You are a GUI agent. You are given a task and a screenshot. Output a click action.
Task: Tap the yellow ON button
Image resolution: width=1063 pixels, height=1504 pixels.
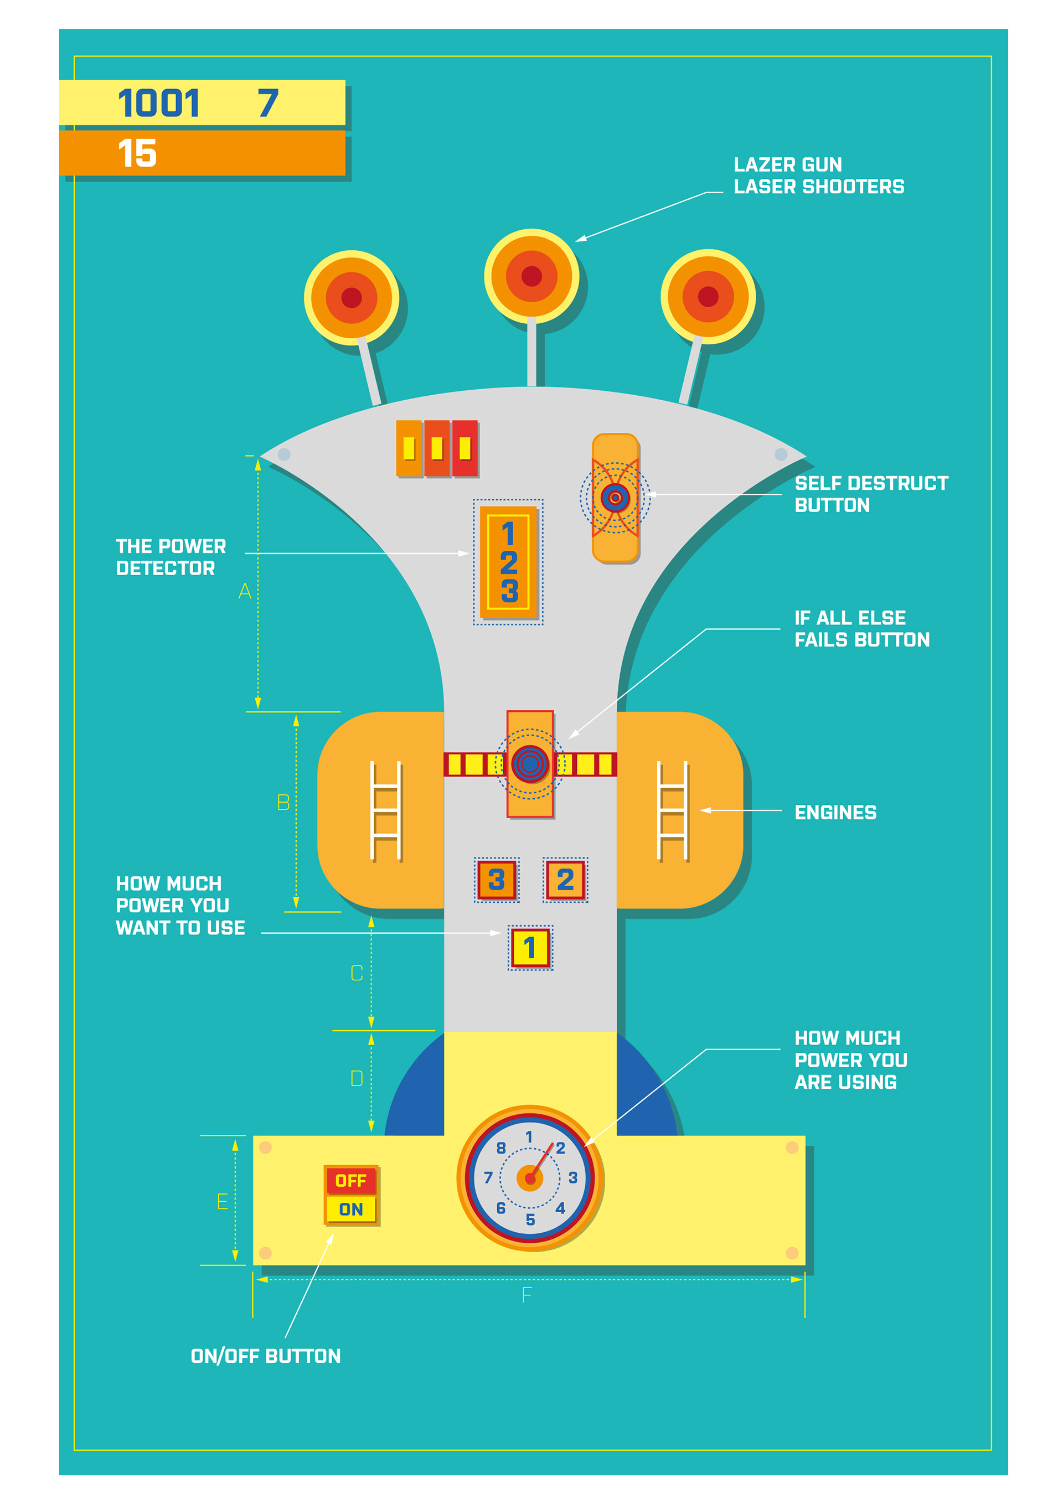coord(350,1209)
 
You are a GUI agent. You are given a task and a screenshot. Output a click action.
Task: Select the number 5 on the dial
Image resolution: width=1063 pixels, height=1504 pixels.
coord(530,1219)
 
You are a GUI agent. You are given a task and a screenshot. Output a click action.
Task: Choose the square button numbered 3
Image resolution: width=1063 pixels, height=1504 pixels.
coord(497,880)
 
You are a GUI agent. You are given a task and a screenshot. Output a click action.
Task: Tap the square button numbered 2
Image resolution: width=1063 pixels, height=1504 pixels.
coord(565,880)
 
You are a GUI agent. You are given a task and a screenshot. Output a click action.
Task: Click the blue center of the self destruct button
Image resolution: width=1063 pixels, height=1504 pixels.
coord(615,498)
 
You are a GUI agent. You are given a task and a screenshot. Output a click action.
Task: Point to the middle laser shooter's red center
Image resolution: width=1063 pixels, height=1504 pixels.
coord(531,276)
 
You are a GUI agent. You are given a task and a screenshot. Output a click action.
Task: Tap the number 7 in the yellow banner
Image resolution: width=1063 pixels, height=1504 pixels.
coord(267,104)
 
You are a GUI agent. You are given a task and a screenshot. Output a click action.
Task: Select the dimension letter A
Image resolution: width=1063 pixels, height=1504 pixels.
coord(245,592)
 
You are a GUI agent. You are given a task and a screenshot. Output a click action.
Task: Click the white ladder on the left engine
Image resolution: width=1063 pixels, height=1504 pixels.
coord(385,810)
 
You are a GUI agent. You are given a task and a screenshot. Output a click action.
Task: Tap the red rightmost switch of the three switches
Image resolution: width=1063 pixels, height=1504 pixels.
coord(465,449)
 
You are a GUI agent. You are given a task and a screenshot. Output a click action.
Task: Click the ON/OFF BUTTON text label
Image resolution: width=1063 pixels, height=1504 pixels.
coord(265,1356)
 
